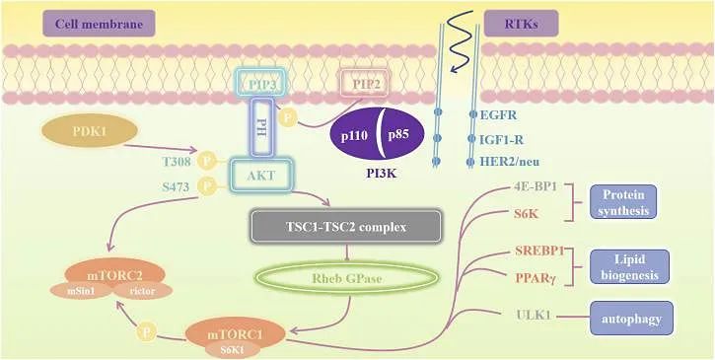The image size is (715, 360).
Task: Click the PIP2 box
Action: click(365, 86)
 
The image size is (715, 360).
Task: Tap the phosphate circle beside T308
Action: click(207, 159)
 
